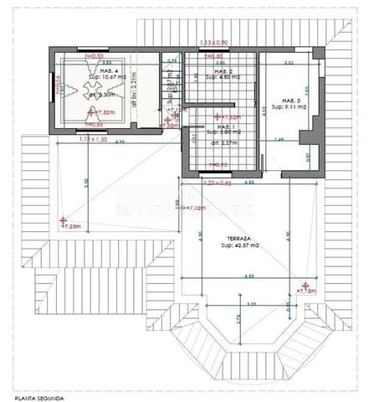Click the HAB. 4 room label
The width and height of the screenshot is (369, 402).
[85, 70]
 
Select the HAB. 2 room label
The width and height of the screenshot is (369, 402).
[220, 71]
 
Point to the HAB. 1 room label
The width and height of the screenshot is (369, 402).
[221, 126]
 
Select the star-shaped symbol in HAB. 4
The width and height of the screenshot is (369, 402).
[82, 95]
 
